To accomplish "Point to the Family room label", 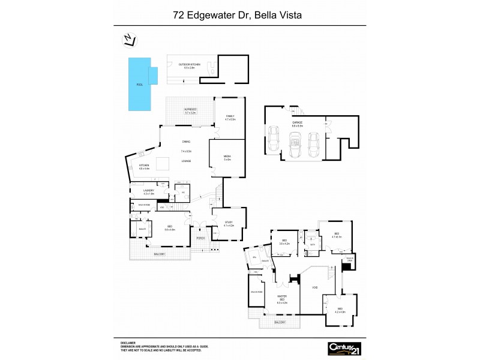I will click(229, 117).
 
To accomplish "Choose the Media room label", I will click(227, 157).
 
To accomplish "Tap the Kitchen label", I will click(144, 166).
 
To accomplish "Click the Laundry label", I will click(148, 192).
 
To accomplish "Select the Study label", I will click(228, 223).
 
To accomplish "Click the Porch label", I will click(201, 238).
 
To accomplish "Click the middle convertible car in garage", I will click(294, 143).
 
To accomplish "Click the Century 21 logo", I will click(344, 348).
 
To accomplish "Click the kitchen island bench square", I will click(163, 164).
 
